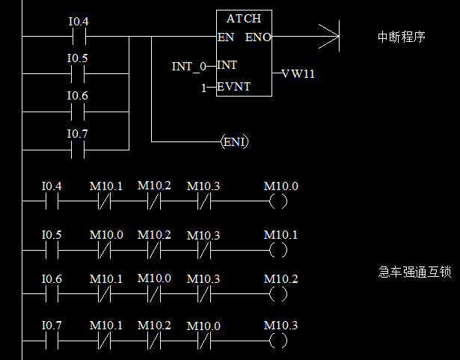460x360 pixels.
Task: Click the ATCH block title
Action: pos(244,18)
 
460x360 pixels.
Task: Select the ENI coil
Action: pos(235,141)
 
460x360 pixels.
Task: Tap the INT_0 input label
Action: pos(188,67)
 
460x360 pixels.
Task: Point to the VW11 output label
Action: pos(298,74)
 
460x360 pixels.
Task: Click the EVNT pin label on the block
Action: pos(235,87)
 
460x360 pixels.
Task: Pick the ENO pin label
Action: pos(259,37)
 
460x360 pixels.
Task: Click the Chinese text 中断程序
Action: pos(402,36)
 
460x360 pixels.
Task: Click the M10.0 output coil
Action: pos(278,201)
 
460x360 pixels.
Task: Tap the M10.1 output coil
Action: pos(278,249)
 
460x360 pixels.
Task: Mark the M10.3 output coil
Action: pos(278,341)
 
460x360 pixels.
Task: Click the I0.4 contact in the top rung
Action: pos(78,36)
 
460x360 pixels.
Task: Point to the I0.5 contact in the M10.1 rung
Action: pos(52,249)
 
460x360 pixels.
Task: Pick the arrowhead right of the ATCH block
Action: pos(330,36)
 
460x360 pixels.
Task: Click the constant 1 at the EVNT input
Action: pos(203,88)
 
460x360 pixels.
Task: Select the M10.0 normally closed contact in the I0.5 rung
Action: pos(105,249)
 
